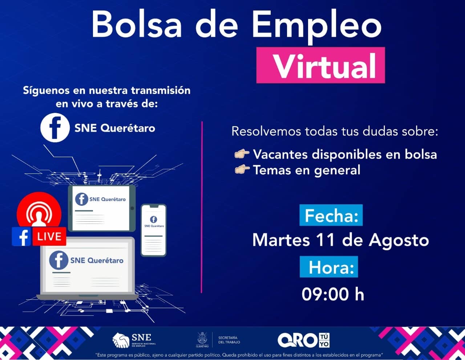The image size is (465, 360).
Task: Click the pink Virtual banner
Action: pyautogui.click(x=320, y=65)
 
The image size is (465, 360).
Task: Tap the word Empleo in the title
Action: pyautogui.click(x=317, y=27)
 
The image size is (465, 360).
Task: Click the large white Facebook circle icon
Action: pyautogui.click(x=55, y=128)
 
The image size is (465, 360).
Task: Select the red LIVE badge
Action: pyautogui.click(x=49, y=236)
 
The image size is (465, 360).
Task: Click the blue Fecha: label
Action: pyautogui.click(x=331, y=215)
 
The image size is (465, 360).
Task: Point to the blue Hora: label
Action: pyautogui.click(x=329, y=267)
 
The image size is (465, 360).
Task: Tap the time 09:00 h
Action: pyautogui.click(x=333, y=294)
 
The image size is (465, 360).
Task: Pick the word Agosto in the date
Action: pyautogui.click(x=399, y=241)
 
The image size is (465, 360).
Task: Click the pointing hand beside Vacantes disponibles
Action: pyautogui.click(x=242, y=154)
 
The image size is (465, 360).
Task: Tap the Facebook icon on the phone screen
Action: pyautogui.click(x=153, y=219)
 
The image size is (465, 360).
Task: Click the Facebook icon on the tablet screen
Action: pyautogui.click(x=81, y=199)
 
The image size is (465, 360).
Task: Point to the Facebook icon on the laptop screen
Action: pyautogui.click(x=58, y=260)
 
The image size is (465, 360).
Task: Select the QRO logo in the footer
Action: pyautogui.click(x=304, y=340)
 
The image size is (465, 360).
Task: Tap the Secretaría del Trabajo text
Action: pyautogui.click(x=229, y=340)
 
